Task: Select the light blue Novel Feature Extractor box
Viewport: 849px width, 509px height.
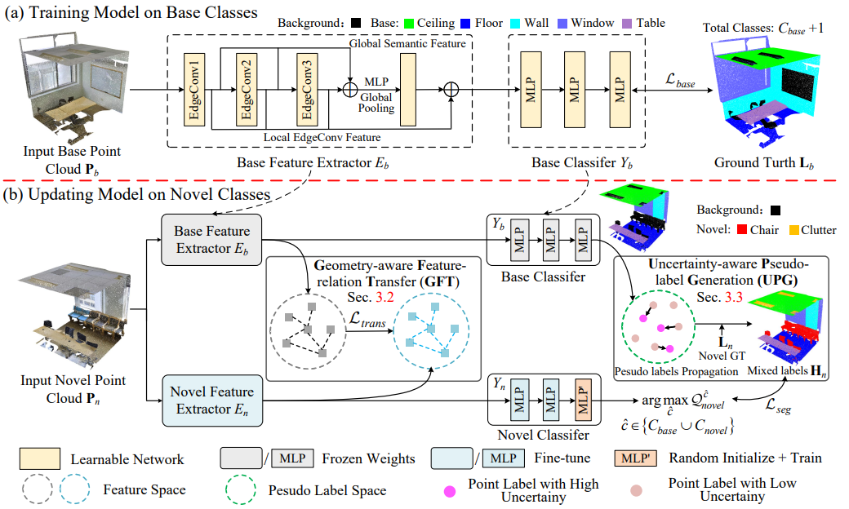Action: [211, 398]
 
